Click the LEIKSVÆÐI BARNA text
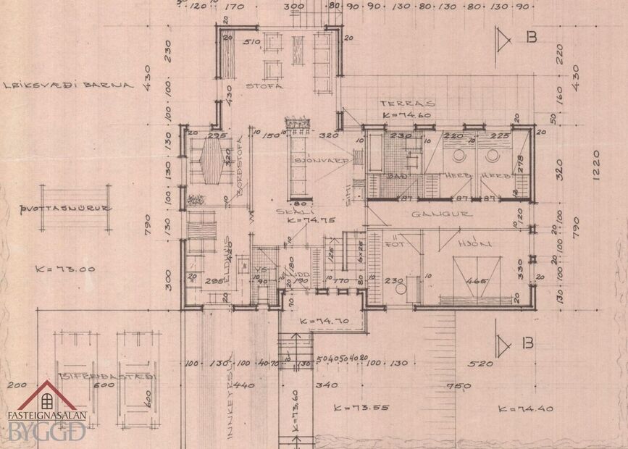[68, 84]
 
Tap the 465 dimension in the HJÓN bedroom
[476, 281]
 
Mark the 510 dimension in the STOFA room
[252, 42]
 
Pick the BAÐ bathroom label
[396, 175]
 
